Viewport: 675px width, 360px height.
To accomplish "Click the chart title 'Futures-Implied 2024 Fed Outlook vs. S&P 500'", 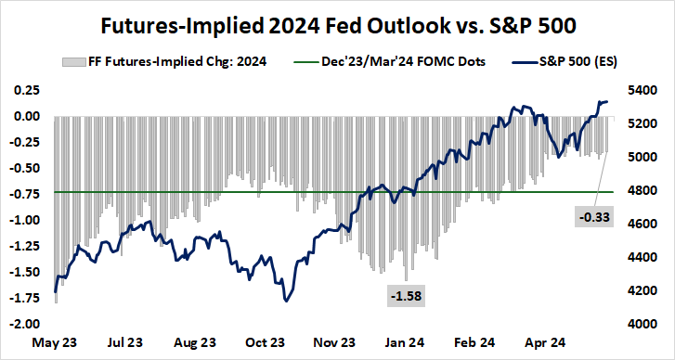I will pyautogui.click(x=338, y=21).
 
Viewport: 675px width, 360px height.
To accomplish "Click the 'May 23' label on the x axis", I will pyautogui.click(x=56, y=341).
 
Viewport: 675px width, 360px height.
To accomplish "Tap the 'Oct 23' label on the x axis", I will pyautogui.click(x=265, y=341).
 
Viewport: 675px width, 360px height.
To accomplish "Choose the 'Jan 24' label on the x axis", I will pyautogui.click(x=404, y=341).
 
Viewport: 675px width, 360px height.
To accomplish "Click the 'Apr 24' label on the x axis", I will pyautogui.click(x=543, y=341).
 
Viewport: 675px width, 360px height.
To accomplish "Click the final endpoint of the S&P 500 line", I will pyautogui.click(x=607, y=101).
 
